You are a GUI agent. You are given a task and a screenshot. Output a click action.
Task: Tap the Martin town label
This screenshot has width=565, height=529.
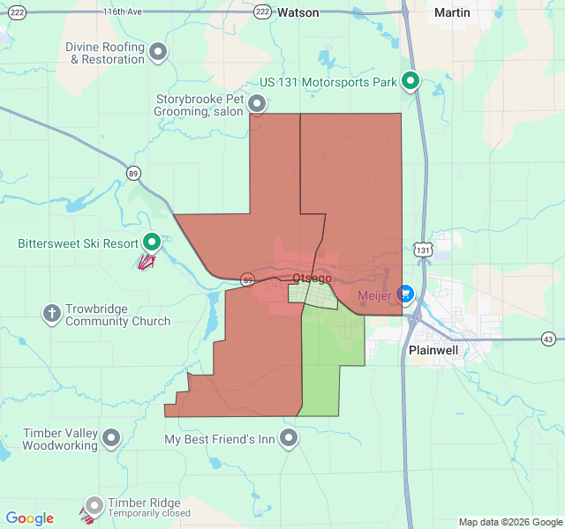452,13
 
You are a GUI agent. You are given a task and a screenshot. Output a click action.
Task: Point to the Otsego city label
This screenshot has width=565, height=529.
312,278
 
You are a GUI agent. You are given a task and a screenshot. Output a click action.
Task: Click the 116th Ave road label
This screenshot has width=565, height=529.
121,11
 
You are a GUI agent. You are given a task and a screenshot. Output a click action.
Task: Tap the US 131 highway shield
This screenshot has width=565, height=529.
424,250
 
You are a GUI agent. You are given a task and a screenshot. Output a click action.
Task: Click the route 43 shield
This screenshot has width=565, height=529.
548,339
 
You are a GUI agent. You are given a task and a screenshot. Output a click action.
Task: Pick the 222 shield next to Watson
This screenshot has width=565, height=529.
262,11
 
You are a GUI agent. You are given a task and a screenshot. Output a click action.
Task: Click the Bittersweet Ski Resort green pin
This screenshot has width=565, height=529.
151,241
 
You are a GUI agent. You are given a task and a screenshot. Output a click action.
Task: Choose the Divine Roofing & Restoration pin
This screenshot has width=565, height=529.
158,52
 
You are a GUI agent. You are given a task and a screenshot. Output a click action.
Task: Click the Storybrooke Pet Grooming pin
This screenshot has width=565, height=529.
257,104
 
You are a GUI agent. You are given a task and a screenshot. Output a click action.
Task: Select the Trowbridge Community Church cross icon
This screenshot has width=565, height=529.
52,312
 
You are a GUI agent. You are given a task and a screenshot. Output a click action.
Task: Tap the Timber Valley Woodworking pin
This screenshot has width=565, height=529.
111,436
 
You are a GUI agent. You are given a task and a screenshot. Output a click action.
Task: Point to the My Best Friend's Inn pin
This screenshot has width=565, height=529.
289,436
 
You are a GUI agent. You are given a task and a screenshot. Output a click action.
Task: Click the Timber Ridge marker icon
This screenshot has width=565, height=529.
94,506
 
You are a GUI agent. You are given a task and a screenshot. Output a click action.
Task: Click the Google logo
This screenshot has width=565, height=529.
30,518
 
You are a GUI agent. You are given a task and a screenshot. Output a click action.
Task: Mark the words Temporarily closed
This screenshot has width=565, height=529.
149,513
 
